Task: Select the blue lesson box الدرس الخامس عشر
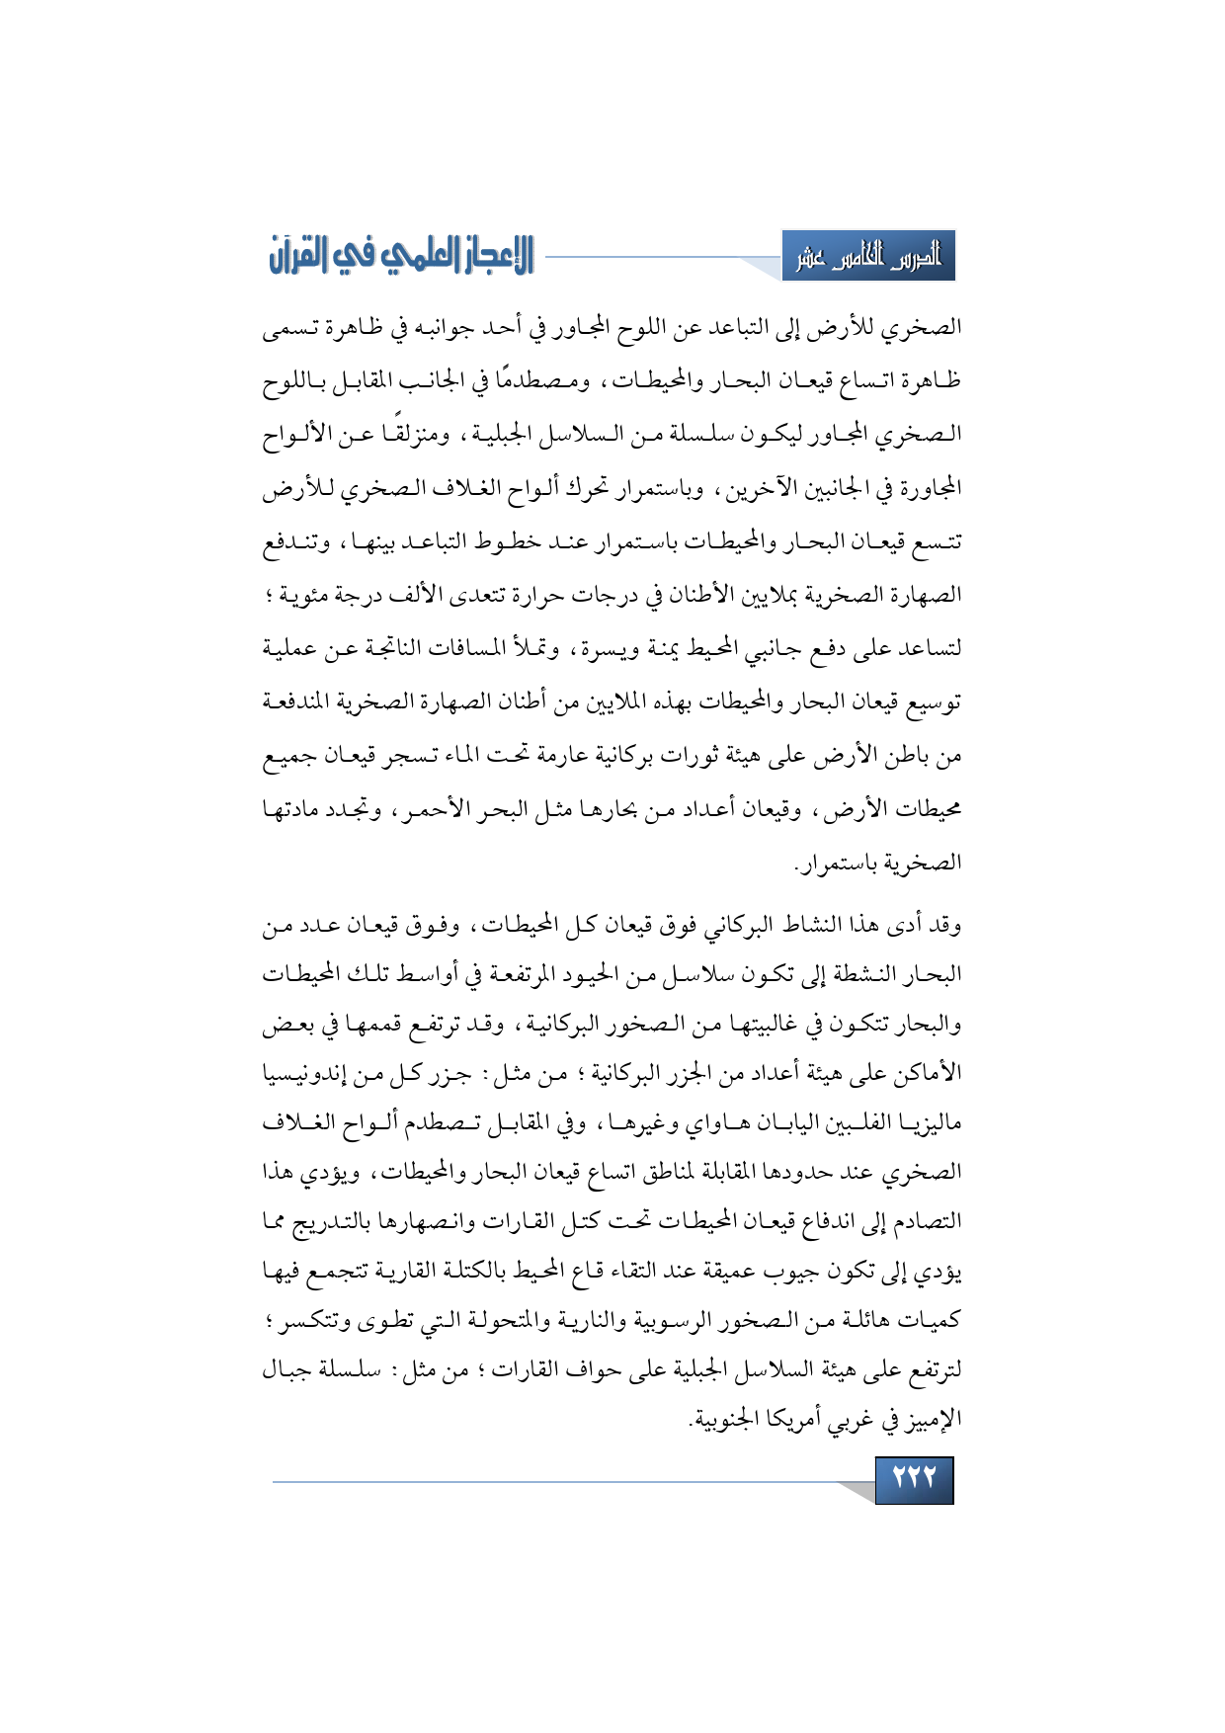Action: [868, 257]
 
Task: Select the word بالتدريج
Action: [338, 1221]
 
